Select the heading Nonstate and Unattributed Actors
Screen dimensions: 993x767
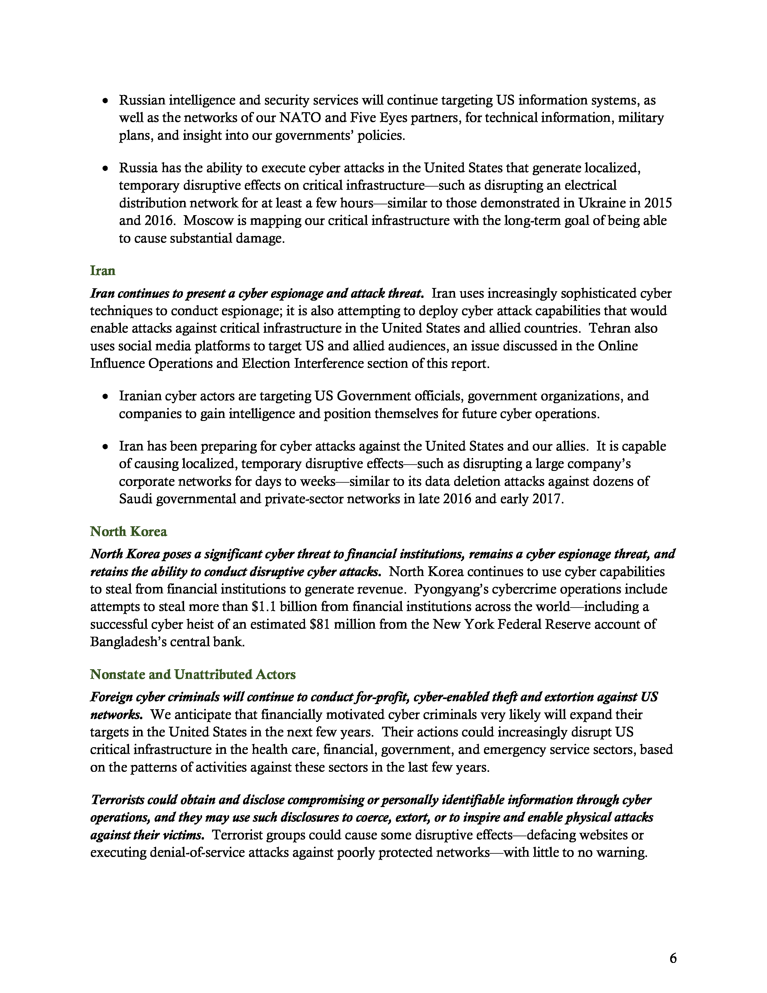click(x=193, y=674)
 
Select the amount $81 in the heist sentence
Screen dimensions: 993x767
click(x=319, y=624)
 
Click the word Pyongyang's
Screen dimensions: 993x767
click(x=454, y=589)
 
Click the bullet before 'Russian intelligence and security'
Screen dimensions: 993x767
click(x=105, y=101)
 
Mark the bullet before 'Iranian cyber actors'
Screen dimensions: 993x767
click(x=105, y=397)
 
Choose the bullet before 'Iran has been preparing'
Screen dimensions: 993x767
click(x=105, y=447)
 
